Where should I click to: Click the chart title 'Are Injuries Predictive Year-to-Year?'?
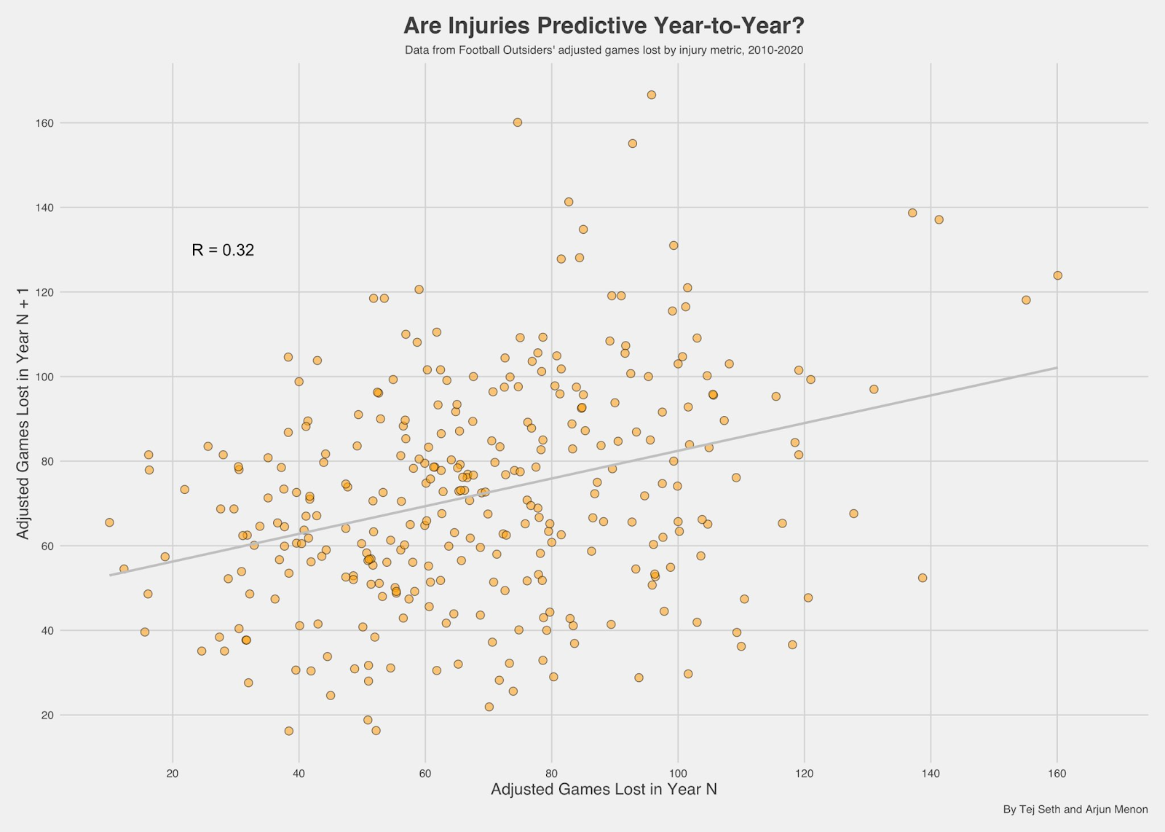point(604,26)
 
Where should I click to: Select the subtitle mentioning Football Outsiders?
point(604,50)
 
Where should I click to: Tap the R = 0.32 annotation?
point(223,250)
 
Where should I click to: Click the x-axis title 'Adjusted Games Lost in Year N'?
point(604,789)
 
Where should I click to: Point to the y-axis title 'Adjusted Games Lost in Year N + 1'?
point(23,414)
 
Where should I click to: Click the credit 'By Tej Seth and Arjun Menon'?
point(1075,809)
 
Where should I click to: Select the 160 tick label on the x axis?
point(1057,774)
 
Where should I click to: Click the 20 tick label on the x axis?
point(173,774)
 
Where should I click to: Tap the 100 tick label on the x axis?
point(678,774)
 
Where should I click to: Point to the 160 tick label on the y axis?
point(45,123)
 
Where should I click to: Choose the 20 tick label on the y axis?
point(47,715)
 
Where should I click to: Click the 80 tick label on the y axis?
point(47,461)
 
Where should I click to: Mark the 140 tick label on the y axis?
point(45,208)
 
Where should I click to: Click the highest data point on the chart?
point(651,95)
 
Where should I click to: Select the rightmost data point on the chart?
point(1057,275)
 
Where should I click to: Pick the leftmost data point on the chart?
point(109,522)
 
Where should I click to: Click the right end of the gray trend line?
point(1056,368)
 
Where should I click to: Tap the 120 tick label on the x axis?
point(804,774)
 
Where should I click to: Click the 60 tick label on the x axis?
point(425,774)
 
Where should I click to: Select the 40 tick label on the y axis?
point(47,630)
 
